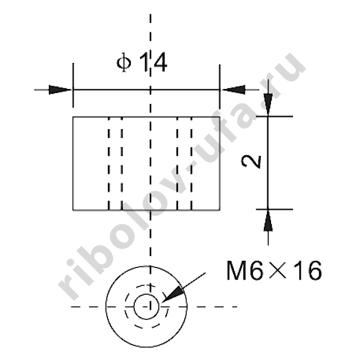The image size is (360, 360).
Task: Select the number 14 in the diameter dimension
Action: (153, 64)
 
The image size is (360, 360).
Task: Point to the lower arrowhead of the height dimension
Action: (267, 222)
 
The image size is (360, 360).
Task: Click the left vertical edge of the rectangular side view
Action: (74, 164)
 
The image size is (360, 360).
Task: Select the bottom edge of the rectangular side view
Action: (147, 210)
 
